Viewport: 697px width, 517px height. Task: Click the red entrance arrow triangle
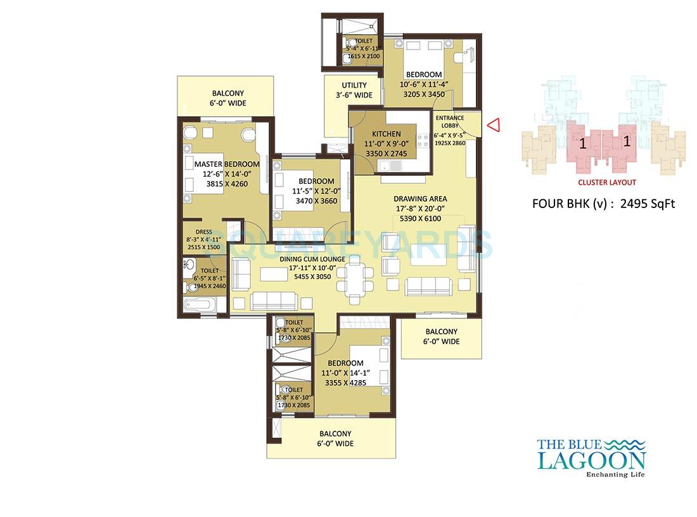point(494,125)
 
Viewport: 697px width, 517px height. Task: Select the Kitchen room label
point(386,134)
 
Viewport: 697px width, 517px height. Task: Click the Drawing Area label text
point(419,199)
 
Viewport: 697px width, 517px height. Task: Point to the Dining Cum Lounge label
point(312,259)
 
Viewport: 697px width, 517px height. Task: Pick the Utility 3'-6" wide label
point(354,86)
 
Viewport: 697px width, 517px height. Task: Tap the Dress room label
point(203,232)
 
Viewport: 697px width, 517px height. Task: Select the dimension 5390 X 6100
point(419,219)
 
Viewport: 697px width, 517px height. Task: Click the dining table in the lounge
point(355,279)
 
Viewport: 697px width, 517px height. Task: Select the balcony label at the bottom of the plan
point(335,434)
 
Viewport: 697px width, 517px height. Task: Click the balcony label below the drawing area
point(441,332)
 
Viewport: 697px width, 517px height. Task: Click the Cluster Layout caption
point(606,182)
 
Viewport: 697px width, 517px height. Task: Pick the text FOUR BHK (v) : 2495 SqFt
point(603,204)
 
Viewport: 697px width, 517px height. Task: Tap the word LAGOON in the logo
point(591,460)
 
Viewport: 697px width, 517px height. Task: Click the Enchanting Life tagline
point(615,474)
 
